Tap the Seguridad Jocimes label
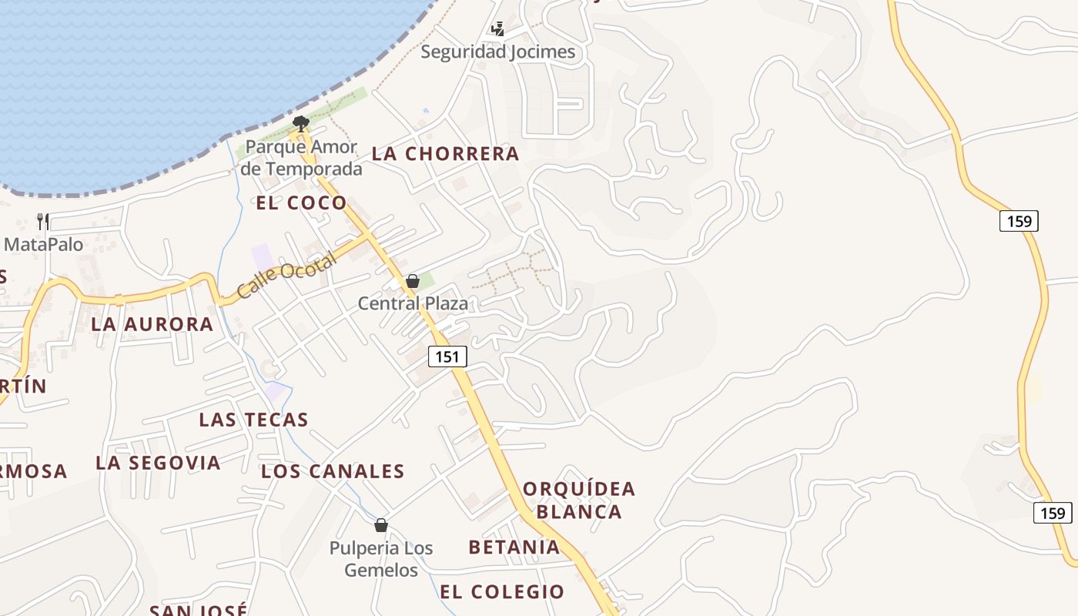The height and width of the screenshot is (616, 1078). click(497, 52)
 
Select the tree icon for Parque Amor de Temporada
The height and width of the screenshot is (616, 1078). click(301, 122)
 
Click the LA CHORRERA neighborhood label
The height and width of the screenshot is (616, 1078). click(445, 154)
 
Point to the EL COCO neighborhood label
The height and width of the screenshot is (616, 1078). click(301, 203)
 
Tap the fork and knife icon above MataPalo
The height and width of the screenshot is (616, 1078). click(43, 222)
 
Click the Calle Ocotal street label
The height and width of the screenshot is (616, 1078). click(286, 276)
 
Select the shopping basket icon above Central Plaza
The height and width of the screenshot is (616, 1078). click(413, 281)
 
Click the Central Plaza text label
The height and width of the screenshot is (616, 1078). click(413, 303)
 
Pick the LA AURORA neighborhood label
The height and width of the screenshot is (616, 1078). click(152, 324)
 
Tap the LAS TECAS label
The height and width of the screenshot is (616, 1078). click(253, 420)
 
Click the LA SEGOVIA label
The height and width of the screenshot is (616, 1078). click(158, 463)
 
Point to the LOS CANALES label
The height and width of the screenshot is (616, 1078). click(333, 471)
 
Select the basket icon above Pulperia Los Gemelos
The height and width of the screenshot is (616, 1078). click(380, 525)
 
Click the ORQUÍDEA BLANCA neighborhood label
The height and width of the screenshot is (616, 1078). click(579, 500)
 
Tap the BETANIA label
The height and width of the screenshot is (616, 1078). click(514, 547)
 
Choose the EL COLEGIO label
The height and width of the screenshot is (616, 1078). click(502, 592)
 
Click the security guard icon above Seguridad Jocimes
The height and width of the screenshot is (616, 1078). click(497, 29)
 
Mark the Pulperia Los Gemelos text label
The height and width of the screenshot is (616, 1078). click(381, 559)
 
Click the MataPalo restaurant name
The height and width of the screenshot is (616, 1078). click(43, 245)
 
